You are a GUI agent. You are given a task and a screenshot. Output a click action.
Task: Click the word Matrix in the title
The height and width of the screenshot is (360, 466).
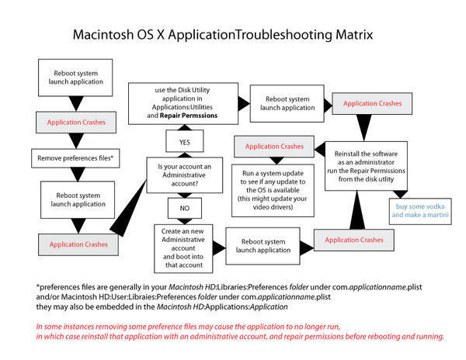(346, 35)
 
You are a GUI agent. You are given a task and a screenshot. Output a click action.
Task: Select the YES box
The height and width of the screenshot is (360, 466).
(184, 143)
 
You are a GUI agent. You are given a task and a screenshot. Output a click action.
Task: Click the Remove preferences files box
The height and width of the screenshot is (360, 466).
(71, 158)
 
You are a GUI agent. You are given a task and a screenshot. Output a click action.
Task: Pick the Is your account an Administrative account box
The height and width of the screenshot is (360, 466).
(184, 174)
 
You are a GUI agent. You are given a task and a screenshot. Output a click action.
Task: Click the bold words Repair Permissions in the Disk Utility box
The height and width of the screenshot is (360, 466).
(189, 115)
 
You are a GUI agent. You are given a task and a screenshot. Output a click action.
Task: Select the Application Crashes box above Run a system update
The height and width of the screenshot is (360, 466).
(274, 146)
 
